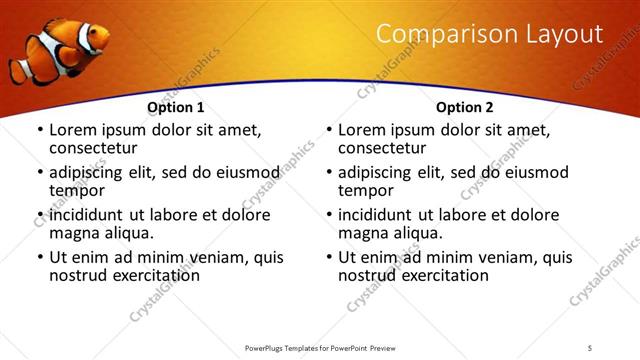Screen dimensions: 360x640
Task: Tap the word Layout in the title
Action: (565, 34)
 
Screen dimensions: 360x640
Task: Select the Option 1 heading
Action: (176, 107)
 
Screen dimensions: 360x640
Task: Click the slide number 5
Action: (591, 347)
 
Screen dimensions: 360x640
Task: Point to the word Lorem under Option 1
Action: (72, 130)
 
